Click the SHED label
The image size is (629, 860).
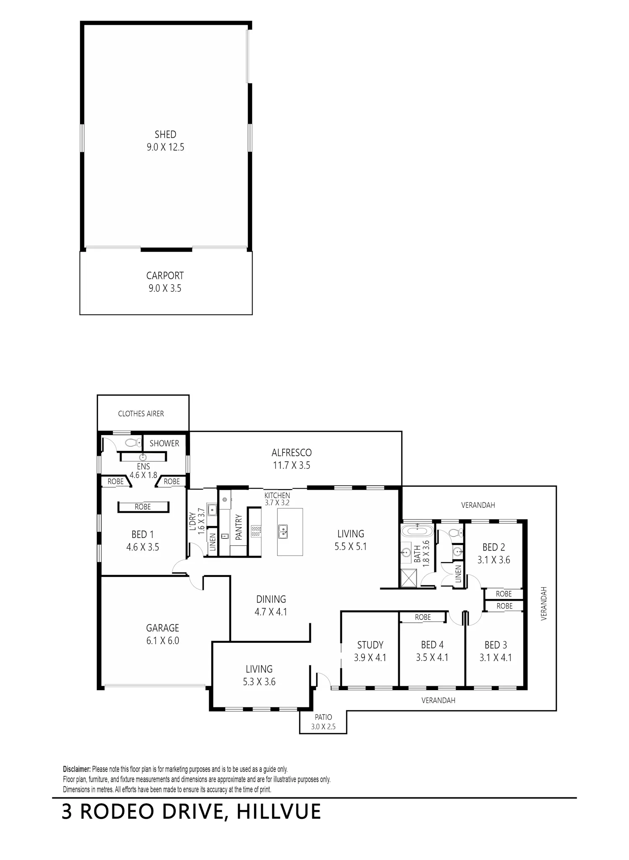[165, 135]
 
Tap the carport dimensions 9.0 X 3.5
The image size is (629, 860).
[165, 289]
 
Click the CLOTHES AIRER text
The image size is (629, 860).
[141, 414]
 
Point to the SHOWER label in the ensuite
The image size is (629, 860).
[164, 443]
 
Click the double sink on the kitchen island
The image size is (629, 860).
[284, 532]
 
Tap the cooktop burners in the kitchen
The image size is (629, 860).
[256, 532]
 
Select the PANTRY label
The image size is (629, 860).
[239, 527]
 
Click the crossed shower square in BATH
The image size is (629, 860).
[409, 579]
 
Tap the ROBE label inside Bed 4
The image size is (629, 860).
[423, 617]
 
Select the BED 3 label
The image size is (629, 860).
[496, 645]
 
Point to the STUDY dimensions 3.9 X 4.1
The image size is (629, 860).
[370, 658]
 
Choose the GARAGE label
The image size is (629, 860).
[162, 628]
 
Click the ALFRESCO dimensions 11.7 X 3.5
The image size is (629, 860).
[291, 465]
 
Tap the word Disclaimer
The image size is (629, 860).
[77, 769]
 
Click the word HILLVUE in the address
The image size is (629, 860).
[279, 823]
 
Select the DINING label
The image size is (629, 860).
[271, 599]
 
